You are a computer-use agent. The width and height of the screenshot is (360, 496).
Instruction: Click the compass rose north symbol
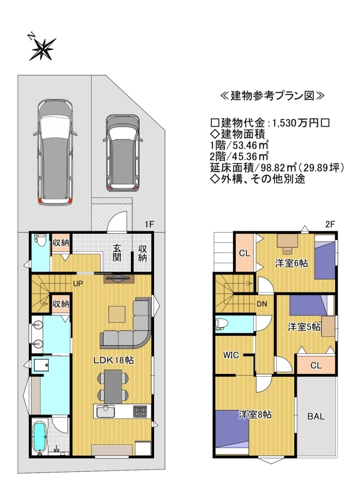(x=42, y=48)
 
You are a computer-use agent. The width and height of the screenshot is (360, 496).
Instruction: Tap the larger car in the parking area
(x=55, y=152)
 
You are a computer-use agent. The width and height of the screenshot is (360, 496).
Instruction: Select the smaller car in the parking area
(x=123, y=153)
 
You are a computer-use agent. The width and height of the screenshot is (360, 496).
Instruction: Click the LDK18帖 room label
(x=114, y=360)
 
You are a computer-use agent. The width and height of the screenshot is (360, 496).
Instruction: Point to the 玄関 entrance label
(x=117, y=252)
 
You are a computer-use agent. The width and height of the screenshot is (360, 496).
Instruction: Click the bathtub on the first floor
(x=40, y=436)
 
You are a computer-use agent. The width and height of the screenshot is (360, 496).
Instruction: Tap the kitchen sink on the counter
(x=106, y=412)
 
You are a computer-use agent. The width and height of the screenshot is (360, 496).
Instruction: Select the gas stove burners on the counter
(x=140, y=411)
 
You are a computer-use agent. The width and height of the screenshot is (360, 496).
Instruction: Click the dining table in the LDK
(x=113, y=386)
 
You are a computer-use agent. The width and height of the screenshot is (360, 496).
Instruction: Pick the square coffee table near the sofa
(x=117, y=314)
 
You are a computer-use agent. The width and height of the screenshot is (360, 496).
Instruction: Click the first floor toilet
(x=40, y=241)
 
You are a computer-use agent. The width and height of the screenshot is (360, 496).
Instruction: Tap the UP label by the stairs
(x=78, y=283)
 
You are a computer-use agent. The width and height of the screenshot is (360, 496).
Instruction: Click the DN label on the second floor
(x=262, y=304)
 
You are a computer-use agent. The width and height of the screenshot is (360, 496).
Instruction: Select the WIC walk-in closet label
(x=231, y=355)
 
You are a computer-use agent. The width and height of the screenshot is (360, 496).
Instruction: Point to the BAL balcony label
(x=316, y=416)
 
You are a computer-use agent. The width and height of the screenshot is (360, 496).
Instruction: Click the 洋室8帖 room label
(x=255, y=414)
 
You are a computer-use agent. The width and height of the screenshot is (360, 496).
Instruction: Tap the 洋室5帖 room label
(x=304, y=327)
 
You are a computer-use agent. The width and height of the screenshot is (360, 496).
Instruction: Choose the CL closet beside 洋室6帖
(x=245, y=252)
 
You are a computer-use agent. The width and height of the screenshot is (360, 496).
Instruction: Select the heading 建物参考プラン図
(x=273, y=96)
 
